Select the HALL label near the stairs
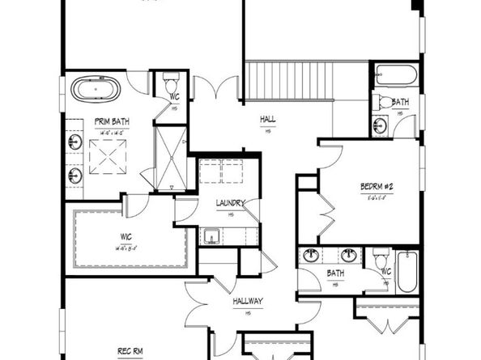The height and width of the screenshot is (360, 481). click(268, 119)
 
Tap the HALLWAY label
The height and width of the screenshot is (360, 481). click(248, 301)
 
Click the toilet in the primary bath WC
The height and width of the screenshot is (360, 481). click(170, 82)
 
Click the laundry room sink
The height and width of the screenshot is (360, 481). click(210, 236)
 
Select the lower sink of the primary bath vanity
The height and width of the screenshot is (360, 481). click(75, 174)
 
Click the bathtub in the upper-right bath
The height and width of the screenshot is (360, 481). click(396, 78)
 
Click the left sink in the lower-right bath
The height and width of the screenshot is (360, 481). click(311, 256)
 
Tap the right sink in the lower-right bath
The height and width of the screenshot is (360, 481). click(351, 256)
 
